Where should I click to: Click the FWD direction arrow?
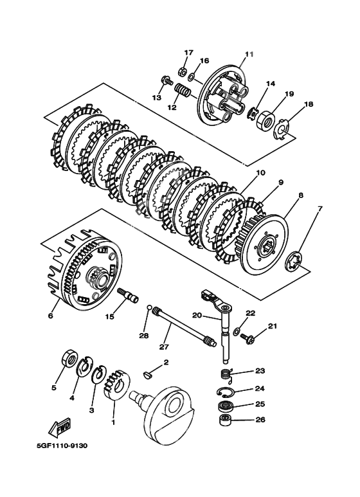click(x=60, y=426)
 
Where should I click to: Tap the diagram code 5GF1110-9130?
click(x=62, y=446)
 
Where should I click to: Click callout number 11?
click(x=249, y=54)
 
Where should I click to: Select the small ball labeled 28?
click(x=148, y=307)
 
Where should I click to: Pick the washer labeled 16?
click(x=191, y=77)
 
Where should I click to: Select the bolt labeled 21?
click(x=248, y=338)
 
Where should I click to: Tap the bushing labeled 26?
click(x=225, y=420)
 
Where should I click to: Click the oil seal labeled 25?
click(x=224, y=406)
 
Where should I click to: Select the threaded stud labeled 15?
click(x=128, y=295)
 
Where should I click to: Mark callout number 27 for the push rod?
click(x=164, y=347)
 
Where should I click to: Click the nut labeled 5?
click(x=69, y=358)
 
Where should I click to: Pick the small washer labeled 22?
click(x=236, y=331)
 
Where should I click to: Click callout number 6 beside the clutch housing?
click(x=50, y=316)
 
